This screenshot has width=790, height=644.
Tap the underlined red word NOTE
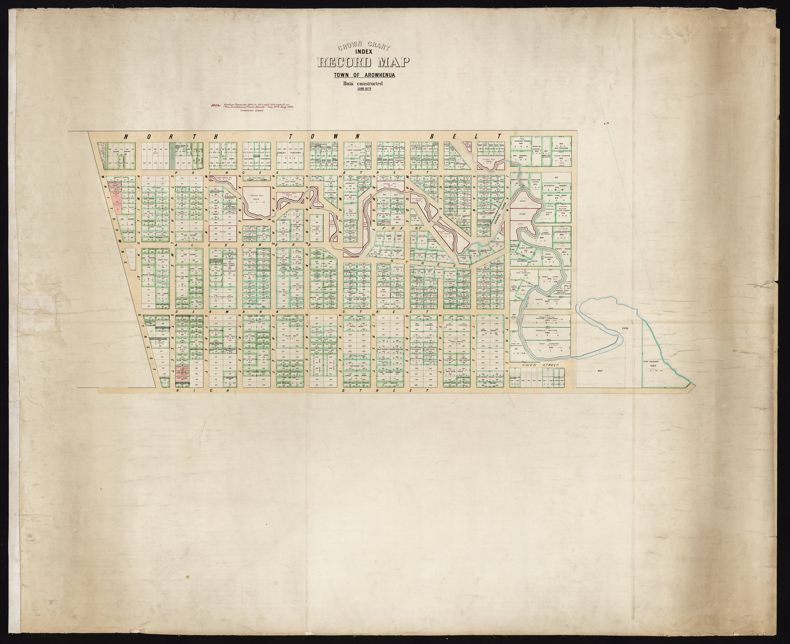[216, 105]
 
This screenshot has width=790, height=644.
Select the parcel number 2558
[625, 328]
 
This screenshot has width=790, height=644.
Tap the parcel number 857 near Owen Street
[600, 371]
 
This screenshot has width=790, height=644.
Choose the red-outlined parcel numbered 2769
[523, 213]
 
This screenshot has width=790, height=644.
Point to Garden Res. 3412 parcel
[389, 185]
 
